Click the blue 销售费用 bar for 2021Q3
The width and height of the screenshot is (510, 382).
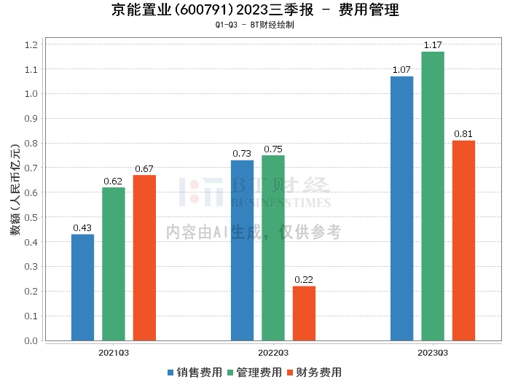[x=82, y=287]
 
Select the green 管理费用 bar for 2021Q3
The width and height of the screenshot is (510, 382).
[x=114, y=264]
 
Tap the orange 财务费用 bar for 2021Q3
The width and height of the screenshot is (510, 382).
[x=144, y=257]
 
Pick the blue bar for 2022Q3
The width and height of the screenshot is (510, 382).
[x=242, y=250]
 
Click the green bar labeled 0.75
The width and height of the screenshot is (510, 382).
[x=273, y=248]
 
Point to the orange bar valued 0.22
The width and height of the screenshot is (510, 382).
[x=304, y=313]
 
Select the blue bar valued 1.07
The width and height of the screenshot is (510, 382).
[x=401, y=208]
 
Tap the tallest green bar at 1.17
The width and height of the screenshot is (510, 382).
[x=433, y=196]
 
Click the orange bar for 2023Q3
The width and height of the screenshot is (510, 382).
[x=463, y=241]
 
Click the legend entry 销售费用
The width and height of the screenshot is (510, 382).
[x=195, y=373]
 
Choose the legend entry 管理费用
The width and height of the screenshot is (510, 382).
[x=254, y=373]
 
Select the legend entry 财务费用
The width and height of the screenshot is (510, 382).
[x=314, y=373]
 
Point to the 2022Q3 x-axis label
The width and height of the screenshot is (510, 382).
[x=273, y=353]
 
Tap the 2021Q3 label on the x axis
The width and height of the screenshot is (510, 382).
[x=114, y=353]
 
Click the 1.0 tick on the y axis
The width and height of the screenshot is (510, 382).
[x=31, y=94]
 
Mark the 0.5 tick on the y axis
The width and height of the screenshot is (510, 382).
[x=31, y=217]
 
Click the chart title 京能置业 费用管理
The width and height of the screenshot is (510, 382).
[x=255, y=10]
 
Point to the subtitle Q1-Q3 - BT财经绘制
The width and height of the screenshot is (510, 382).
[x=255, y=25]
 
